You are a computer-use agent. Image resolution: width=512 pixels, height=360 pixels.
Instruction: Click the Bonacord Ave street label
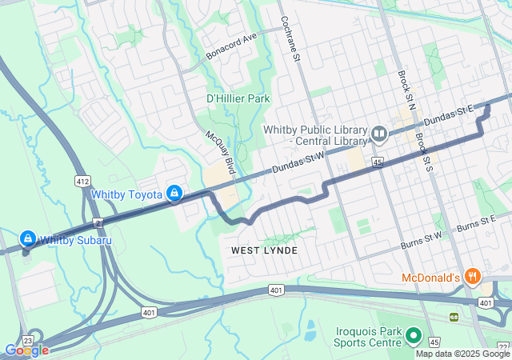click(x=231, y=46)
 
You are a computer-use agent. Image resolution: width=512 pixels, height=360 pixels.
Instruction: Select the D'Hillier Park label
click(x=238, y=98)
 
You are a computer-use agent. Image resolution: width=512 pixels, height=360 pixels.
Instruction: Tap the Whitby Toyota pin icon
click(x=174, y=194)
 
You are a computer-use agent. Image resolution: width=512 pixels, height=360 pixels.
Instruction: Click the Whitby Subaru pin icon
click(x=27, y=238)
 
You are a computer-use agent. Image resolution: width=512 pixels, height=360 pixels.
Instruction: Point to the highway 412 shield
click(x=82, y=182)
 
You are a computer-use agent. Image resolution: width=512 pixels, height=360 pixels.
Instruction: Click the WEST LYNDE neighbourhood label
click(x=264, y=250)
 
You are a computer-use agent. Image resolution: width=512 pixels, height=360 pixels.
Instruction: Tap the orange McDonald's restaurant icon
click(x=474, y=277)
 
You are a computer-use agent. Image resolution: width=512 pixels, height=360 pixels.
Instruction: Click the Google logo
click(x=26, y=350)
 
